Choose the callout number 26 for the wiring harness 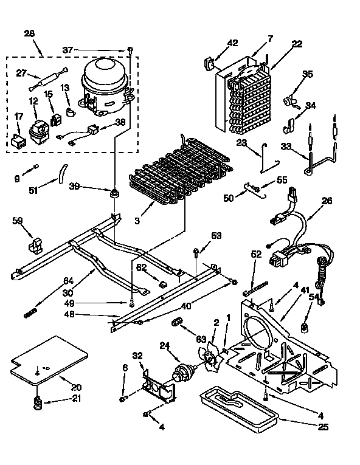pyautogui.click(x=327, y=200)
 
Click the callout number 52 pyautogui.click(x=257, y=255)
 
